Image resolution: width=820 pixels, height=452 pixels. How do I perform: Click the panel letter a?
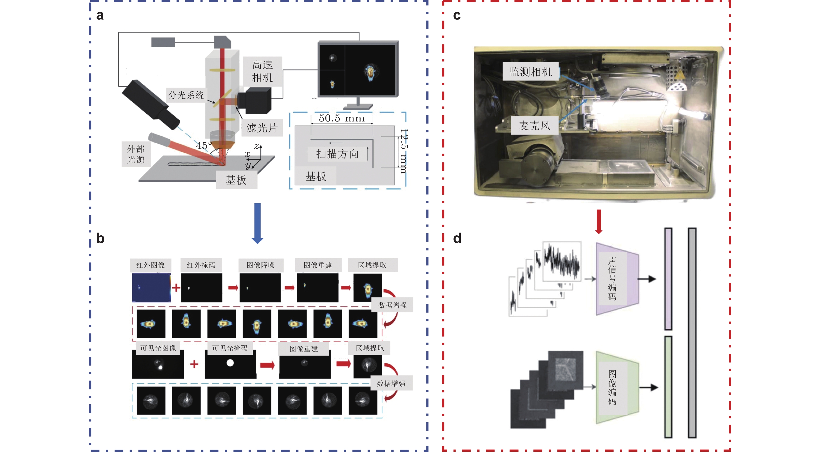point(100,15)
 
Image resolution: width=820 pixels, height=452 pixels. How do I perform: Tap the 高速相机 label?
point(262,71)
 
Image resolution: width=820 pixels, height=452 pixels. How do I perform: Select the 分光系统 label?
point(186,95)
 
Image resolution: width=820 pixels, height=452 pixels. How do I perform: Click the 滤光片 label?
point(262,128)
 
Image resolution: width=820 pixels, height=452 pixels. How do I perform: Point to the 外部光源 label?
point(136,154)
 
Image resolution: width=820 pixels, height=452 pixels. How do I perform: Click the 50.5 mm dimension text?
point(342,118)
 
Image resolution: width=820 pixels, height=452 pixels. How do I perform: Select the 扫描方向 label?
point(337,154)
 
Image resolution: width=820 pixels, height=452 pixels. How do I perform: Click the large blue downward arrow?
point(257,223)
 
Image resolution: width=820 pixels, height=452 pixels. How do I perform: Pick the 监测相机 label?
point(530,72)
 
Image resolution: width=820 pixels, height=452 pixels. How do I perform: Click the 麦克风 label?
point(534,126)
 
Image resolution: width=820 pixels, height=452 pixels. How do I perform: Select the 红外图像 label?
point(150,265)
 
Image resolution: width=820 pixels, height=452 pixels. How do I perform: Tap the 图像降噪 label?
point(261,265)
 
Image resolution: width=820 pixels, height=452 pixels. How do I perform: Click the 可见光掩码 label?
point(230,348)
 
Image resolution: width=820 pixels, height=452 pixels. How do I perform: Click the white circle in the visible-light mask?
point(230,363)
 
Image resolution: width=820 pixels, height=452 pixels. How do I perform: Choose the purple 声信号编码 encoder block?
point(617,279)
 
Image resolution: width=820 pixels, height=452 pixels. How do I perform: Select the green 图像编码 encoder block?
point(617,387)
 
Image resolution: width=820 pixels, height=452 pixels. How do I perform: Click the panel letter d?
point(457,239)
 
